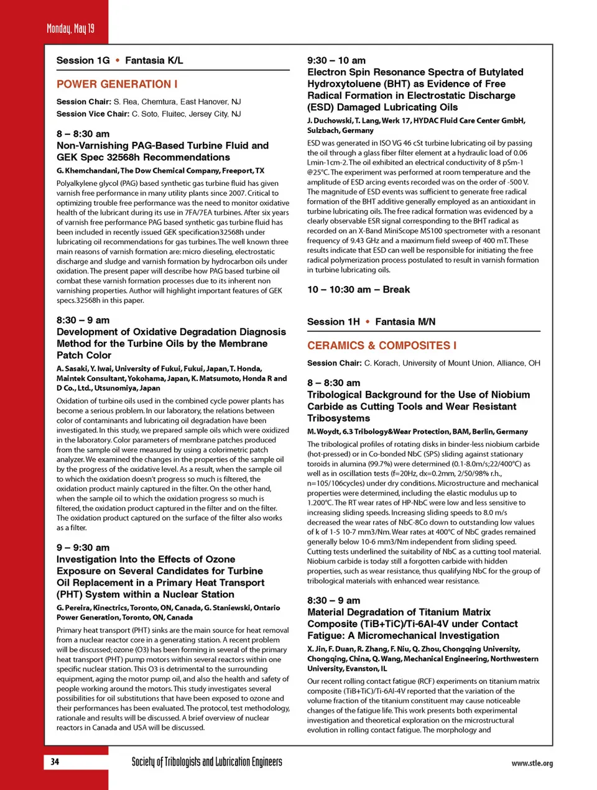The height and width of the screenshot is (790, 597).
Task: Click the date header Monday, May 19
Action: point(70,29)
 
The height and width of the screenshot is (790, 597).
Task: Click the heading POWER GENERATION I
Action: point(117,84)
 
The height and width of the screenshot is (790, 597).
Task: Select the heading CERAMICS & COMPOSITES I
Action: point(382,346)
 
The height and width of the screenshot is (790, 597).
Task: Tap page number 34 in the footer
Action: point(55,761)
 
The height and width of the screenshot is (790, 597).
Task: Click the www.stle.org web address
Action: point(532,763)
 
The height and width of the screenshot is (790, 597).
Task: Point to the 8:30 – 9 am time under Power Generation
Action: point(83,320)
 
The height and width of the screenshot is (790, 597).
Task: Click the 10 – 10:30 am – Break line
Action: point(358,290)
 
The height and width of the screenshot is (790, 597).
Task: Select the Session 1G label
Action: point(83,60)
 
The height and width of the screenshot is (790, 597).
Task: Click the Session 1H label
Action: point(333,321)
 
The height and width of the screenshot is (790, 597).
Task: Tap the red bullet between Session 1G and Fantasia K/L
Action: point(117,60)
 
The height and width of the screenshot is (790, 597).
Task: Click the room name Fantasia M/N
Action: point(405,321)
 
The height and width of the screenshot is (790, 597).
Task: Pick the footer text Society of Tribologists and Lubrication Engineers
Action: point(206,762)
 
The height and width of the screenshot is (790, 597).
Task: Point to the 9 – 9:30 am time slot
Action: point(83,548)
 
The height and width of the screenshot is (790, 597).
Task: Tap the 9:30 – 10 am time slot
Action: point(336,60)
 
